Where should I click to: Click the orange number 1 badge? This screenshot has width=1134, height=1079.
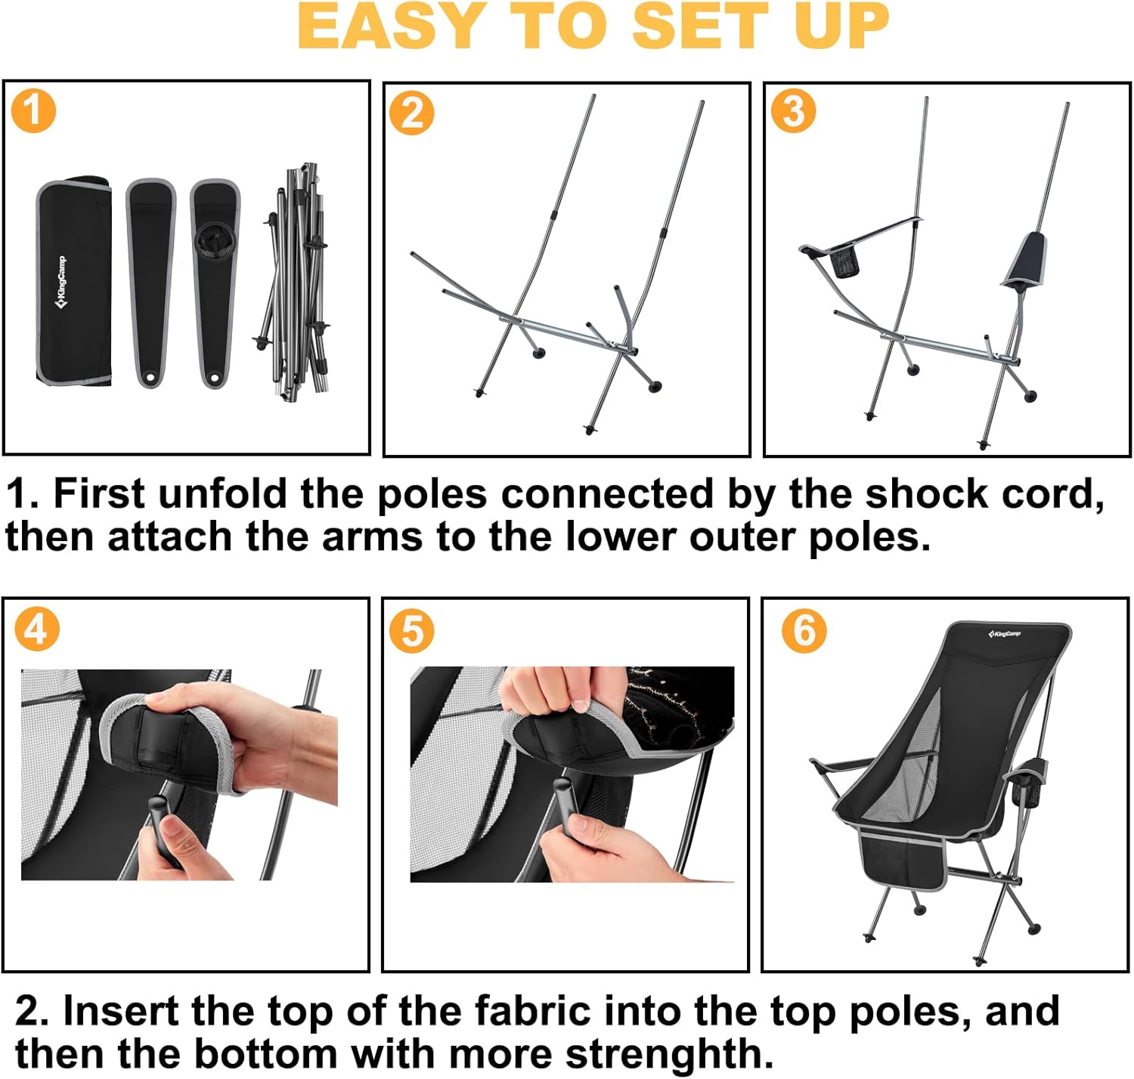point(33,110)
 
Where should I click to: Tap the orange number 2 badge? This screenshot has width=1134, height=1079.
point(411,114)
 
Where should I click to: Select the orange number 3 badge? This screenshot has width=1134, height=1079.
point(793,111)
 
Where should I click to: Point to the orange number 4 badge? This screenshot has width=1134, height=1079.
point(36,628)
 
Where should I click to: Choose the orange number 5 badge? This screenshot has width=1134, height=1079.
point(412,631)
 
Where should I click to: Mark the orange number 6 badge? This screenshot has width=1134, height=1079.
point(804,630)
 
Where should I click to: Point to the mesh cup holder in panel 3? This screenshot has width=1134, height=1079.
point(846,261)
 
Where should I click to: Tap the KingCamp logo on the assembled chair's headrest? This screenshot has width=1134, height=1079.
point(1004,633)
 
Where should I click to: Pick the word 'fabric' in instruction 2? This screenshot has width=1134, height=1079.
point(531,1011)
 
